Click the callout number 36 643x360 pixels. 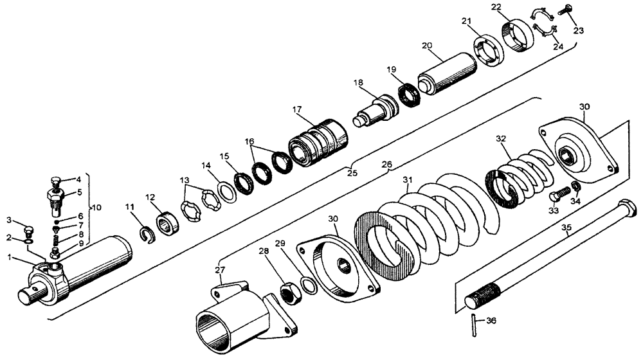pos(491,321)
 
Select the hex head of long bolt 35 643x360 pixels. pos(626,209)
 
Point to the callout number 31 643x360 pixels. pos(406,179)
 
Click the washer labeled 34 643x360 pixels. pos(576,186)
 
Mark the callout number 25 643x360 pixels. pos(351,172)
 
